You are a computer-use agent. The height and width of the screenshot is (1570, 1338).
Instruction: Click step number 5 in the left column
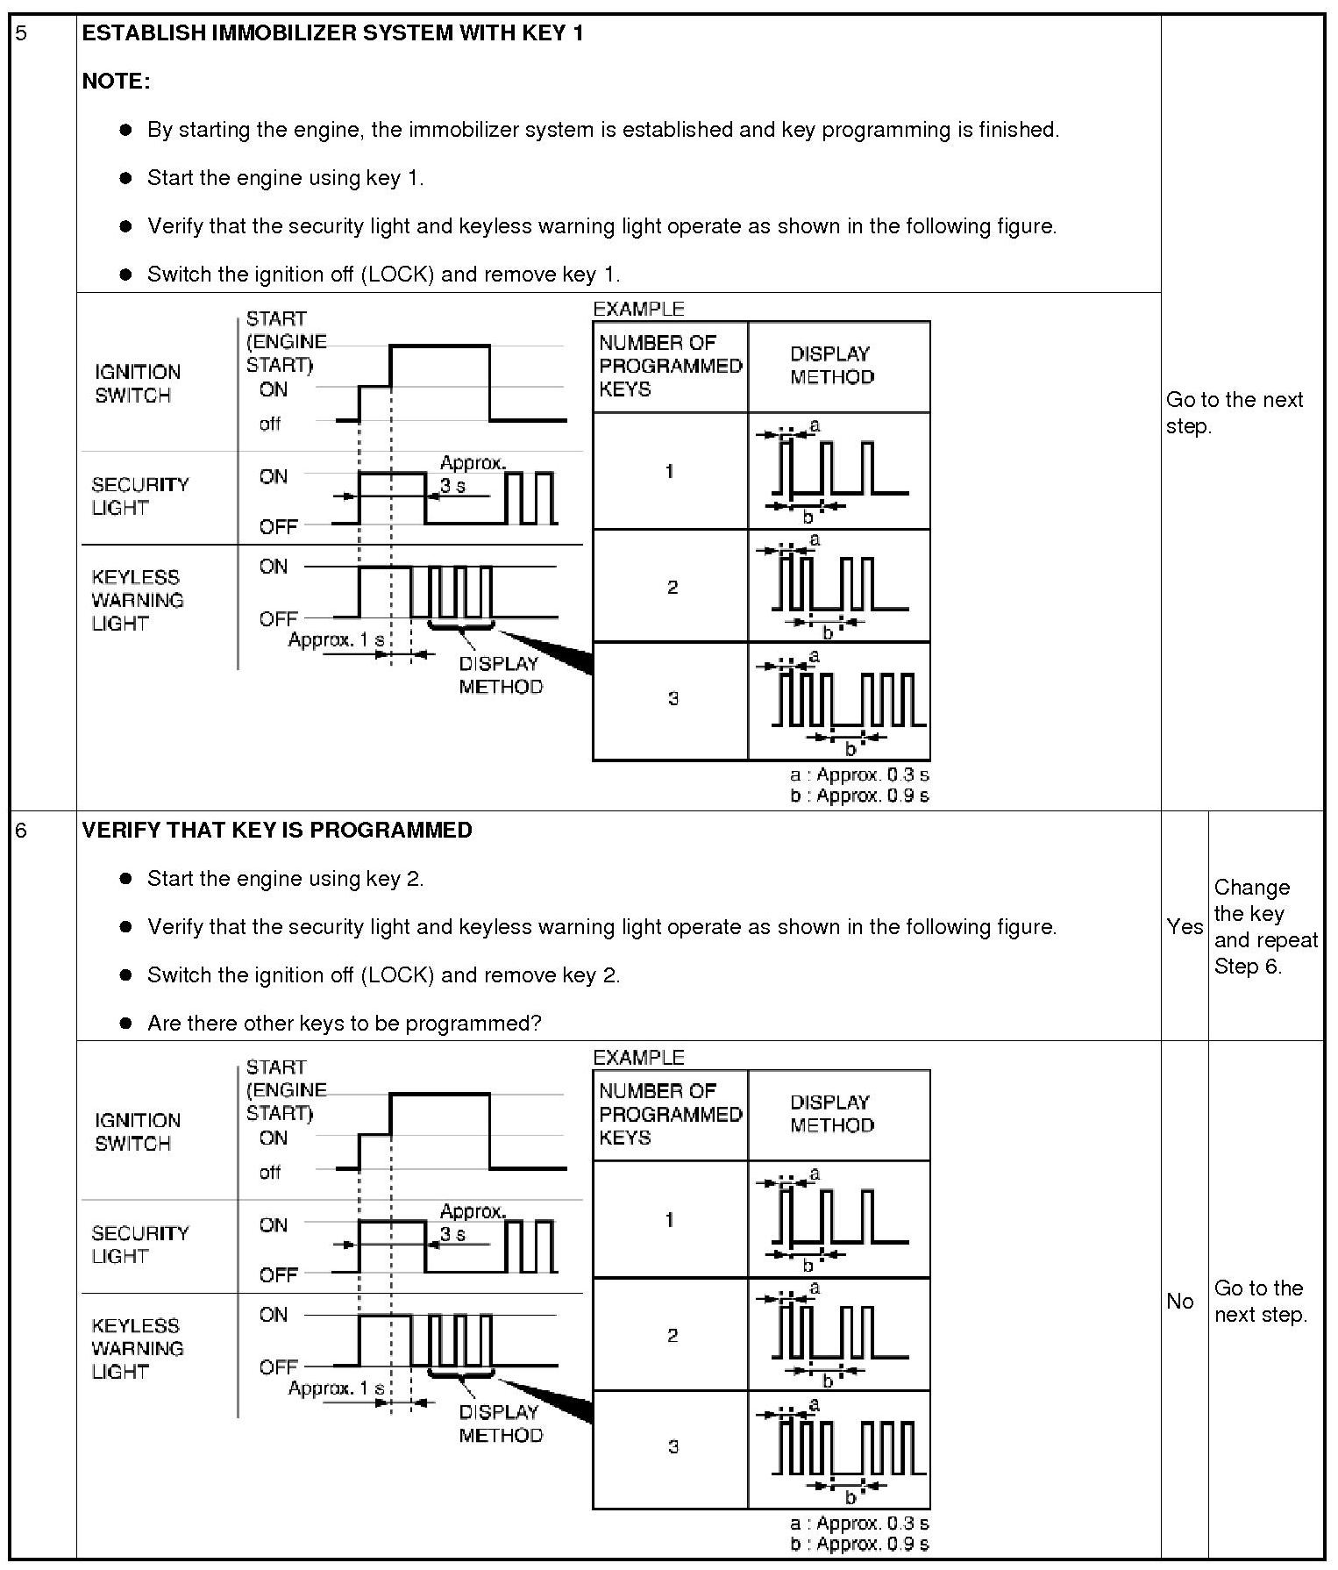coord(22,34)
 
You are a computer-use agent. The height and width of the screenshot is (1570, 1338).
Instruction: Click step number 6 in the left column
coord(22,831)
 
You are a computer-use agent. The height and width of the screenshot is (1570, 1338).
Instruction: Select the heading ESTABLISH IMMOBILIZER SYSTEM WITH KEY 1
coord(332,33)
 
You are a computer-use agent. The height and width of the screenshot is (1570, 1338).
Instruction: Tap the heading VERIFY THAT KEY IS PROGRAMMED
coord(277,831)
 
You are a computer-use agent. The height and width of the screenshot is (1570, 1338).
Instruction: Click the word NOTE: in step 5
coord(116,82)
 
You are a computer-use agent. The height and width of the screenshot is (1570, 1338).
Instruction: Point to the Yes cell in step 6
coord(1185,926)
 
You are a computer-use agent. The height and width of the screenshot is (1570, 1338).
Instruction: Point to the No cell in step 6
coord(1180,1302)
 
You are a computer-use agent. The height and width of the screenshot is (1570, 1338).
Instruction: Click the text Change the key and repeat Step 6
coord(1265,926)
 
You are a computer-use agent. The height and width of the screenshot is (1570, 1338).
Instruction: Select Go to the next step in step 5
coord(1234,412)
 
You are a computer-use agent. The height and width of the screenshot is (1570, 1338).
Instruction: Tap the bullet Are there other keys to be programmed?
coord(344,1024)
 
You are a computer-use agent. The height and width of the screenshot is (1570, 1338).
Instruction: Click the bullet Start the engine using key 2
coord(285,879)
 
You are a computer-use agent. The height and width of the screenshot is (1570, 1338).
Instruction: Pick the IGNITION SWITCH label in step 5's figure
coord(137,383)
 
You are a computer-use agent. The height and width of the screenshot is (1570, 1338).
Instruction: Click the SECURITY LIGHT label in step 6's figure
coord(139,1245)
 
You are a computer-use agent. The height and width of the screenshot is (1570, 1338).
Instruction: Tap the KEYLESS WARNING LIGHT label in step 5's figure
coord(138,601)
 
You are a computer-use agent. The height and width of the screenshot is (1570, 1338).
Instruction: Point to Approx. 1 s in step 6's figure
coord(336,1388)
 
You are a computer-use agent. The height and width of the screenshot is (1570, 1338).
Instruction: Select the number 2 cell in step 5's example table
coord(672,587)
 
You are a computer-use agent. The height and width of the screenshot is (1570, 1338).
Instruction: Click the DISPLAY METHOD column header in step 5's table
coord(831,366)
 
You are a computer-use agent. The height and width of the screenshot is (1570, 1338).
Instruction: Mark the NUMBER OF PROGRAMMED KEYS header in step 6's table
coord(670,1114)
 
